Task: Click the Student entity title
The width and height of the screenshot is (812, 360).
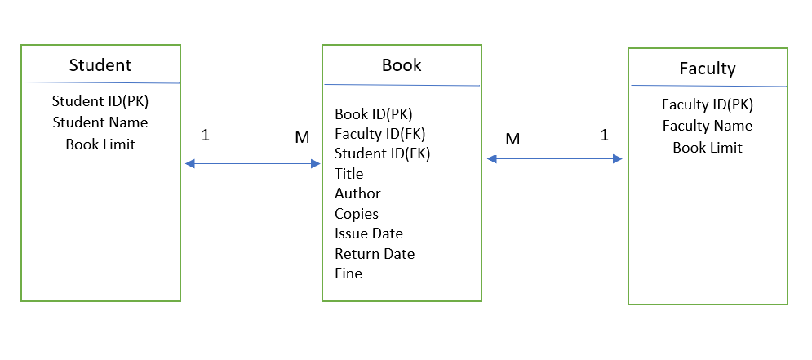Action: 100,65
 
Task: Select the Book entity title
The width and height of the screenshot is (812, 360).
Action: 402,65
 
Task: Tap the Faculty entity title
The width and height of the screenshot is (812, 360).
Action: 708,69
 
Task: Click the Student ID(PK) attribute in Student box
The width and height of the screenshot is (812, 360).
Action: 100,102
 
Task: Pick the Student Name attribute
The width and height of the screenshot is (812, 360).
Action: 100,122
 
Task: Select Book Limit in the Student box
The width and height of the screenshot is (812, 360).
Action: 100,144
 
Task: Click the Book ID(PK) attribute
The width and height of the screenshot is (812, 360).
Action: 374,114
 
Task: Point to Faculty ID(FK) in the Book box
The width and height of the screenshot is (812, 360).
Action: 380,133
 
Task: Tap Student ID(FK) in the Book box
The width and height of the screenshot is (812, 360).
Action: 382,153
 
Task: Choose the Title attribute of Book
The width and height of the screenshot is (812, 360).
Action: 349,173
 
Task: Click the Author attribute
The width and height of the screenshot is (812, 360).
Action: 357,193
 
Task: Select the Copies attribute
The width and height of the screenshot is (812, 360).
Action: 357,214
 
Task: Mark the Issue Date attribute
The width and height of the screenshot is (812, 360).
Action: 369,233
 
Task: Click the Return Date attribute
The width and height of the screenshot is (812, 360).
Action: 375,254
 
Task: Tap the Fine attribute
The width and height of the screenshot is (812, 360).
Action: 348,273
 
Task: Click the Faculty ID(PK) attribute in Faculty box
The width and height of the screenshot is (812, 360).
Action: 708,104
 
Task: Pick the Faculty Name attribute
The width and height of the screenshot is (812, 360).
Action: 708,126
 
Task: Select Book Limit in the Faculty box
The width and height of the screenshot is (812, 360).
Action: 708,148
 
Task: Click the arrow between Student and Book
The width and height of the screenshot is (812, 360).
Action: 252,164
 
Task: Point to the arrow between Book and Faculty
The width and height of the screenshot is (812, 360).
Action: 555,159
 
